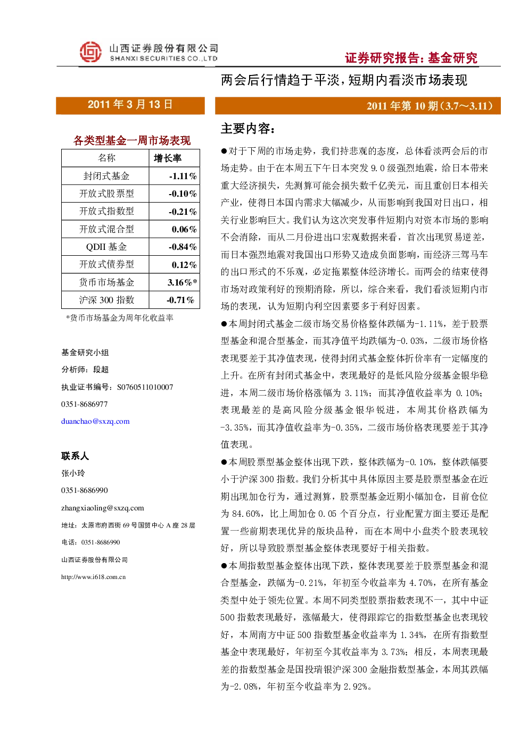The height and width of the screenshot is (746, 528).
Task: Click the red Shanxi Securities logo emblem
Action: pos(90,52)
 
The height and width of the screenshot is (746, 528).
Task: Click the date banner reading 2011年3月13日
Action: pos(130,105)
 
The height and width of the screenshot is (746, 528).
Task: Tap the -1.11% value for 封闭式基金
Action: pos(183,176)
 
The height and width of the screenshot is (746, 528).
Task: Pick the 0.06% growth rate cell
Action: pos(184,229)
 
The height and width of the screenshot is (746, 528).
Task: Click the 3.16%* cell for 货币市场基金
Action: pos(182,282)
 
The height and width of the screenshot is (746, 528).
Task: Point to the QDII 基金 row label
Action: pos(106,247)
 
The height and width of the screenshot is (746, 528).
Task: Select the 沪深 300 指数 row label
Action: pos(106,300)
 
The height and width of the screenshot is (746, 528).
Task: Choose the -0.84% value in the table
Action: pos(183,247)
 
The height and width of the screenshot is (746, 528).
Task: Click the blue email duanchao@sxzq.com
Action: pos(95,421)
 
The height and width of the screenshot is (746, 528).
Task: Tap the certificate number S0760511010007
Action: pos(145,387)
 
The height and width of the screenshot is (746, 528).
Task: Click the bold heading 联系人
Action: pos(75,456)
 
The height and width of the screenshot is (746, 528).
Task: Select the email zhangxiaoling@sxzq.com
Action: pos(103,508)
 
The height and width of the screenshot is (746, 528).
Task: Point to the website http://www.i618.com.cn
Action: pos(93,577)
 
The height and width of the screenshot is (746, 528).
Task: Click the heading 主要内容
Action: pos(247,129)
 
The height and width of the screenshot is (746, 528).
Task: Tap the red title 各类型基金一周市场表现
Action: pos(131,140)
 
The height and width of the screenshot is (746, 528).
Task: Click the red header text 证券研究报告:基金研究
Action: pos(411,58)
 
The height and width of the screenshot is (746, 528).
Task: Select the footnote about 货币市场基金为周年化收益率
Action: pos(119,318)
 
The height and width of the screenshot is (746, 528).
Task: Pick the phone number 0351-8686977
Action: pos(84,404)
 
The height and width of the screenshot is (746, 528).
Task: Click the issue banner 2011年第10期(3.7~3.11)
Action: pos(430,106)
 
